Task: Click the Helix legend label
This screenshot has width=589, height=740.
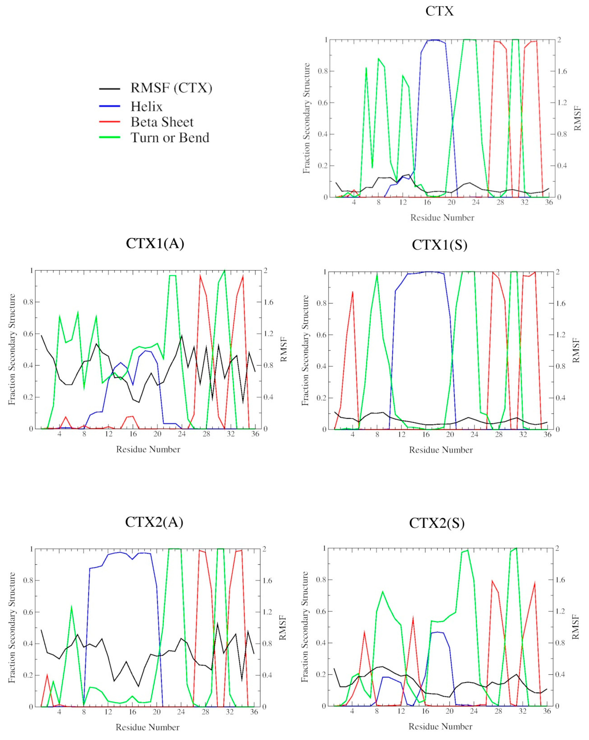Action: [146, 107]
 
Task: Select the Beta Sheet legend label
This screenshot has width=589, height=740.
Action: [162, 122]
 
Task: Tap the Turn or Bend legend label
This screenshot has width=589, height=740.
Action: [170, 138]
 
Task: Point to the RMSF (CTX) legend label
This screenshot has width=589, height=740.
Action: [171, 88]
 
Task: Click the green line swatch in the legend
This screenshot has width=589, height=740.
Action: [110, 137]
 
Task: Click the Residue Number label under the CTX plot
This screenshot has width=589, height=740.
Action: [442, 218]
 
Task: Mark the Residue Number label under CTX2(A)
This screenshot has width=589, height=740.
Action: [147, 727]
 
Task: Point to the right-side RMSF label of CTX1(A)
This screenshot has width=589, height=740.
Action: [283, 349]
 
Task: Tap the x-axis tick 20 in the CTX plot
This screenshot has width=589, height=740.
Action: [452, 203]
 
